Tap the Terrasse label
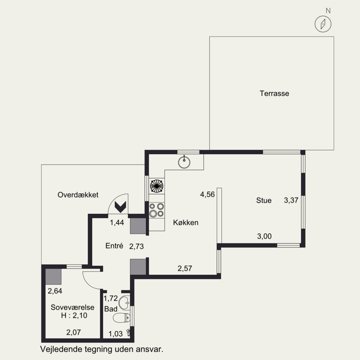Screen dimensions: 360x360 tap(274, 94)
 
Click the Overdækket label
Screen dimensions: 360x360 tap(78, 195)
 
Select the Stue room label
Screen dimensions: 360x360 tap(264, 200)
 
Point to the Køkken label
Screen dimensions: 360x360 tap(185, 222)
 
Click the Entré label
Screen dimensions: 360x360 tap(114, 246)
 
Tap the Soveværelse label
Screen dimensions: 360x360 tap(72, 307)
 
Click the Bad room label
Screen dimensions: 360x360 tap(111, 309)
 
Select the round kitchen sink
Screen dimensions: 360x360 tap(184, 162)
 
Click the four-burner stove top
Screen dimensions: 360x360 tap(157, 210)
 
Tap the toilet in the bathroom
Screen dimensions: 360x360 tap(121, 318)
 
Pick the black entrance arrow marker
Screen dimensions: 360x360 tap(121, 207)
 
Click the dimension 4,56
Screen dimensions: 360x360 tap(207, 194)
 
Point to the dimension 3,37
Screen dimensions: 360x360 tap(291, 200)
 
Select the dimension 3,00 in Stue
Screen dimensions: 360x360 tap(264, 236)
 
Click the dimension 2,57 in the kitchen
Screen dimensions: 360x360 tap(184, 268)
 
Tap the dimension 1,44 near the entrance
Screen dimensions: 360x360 tap(117, 222)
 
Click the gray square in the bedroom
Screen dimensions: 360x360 tap(53, 276)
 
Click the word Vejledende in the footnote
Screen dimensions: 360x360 tap(61, 349)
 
